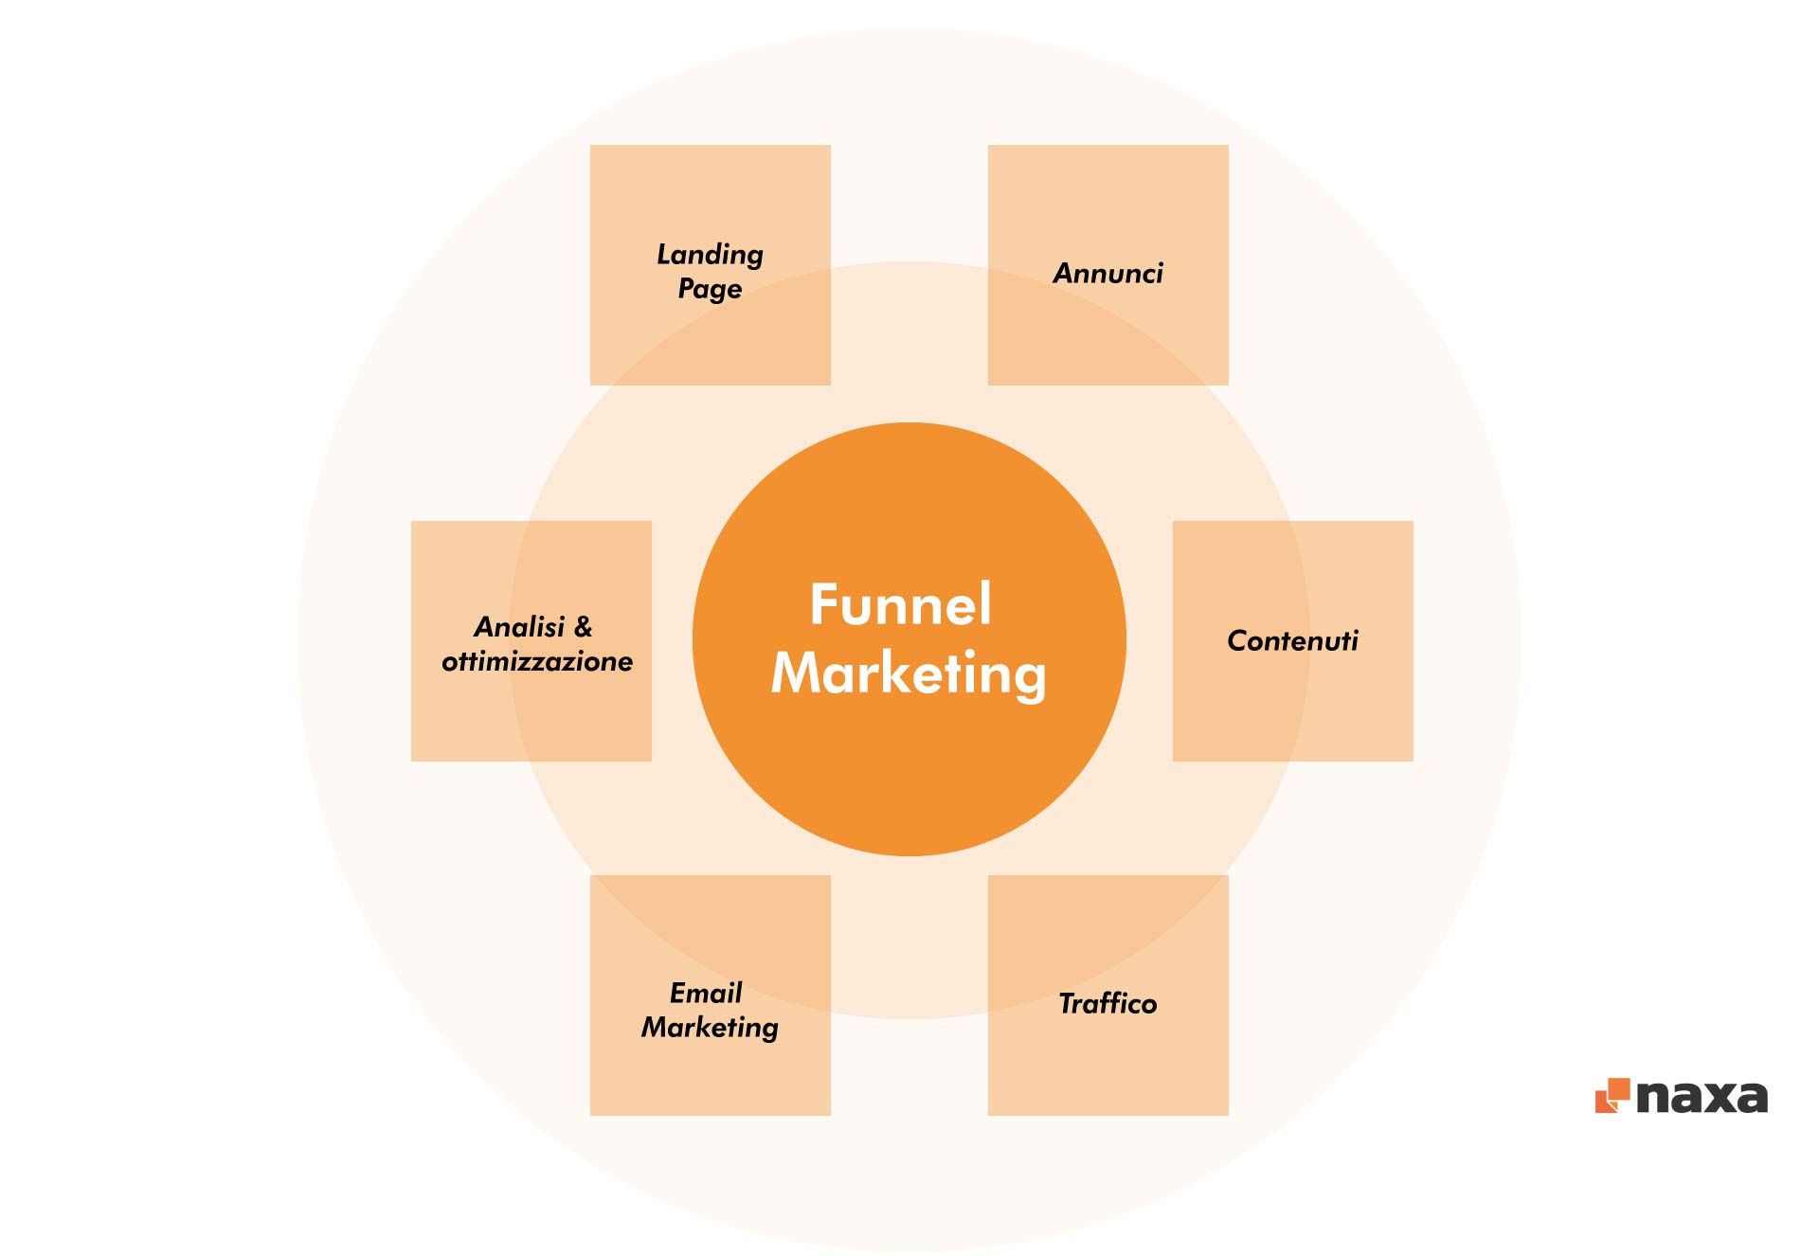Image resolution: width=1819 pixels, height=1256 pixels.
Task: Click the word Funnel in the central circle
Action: [900, 604]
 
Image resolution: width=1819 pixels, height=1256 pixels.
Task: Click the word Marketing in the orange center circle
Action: [909, 674]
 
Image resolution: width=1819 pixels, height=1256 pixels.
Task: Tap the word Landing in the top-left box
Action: [710, 254]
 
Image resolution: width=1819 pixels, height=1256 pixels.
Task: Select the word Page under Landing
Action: [710, 289]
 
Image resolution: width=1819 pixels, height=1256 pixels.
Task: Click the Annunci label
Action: [1108, 274]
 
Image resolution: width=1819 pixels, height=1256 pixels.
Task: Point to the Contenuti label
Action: [1292, 641]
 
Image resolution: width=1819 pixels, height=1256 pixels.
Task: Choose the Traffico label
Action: [1108, 1004]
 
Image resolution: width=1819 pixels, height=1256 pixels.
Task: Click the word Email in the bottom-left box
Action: [706, 993]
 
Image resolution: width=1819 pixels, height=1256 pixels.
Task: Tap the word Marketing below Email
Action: [710, 1028]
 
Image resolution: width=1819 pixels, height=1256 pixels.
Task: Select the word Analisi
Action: [519, 627]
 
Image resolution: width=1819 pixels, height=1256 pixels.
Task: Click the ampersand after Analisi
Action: [584, 627]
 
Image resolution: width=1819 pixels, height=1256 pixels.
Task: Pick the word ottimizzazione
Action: [537, 661]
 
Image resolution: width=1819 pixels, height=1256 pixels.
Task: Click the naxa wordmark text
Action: [1702, 1098]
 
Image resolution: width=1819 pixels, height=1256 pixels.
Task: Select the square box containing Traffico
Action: [1108, 1061]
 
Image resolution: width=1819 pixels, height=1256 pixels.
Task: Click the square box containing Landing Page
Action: [710, 341]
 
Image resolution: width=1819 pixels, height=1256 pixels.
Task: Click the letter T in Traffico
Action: [1067, 1003]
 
